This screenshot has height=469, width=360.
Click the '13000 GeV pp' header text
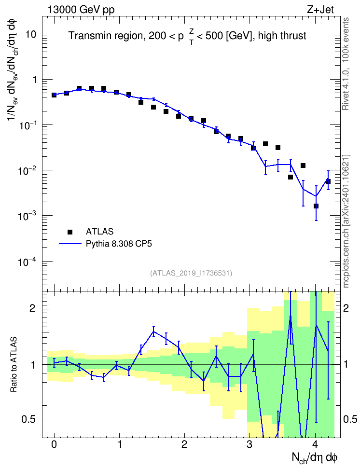pyautogui.click(x=81, y=10)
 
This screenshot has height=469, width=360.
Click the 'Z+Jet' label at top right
pyautogui.click(x=320, y=10)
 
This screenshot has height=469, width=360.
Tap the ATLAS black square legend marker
pyautogui.click(x=70, y=232)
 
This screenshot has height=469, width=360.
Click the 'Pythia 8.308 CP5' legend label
pyautogui.click(x=119, y=244)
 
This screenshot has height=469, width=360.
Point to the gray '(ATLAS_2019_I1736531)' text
pyautogui.click(x=191, y=273)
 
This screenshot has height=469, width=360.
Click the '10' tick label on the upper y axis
pyautogui.click(x=31, y=34)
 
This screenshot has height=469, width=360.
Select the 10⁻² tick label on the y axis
pyautogui.click(x=27, y=170)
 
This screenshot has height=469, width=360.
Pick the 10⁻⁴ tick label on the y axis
pyautogui.click(x=27, y=262)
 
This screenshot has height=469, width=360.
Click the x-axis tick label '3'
pyautogui.click(x=249, y=444)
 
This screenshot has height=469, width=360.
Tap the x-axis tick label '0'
pyautogui.click(x=54, y=444)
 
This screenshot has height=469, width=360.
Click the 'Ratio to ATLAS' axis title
pyautogui.click(x=13, y=364)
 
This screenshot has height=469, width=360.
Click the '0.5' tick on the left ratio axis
pyautogui.click(x=29, y=419)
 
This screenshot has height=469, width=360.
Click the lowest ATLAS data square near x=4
pyautogui.click(x=316, y=206)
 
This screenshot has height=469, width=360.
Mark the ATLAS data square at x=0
pyautogui.click(x=54, y=95)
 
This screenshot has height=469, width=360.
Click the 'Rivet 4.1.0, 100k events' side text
pyautogui.click(x=346, y=64)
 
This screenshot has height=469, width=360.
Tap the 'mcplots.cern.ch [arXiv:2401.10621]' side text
pyautogui.click(x=346, y=221)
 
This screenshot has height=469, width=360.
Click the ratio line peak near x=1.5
pyautogui.click(x=153, y=331)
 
